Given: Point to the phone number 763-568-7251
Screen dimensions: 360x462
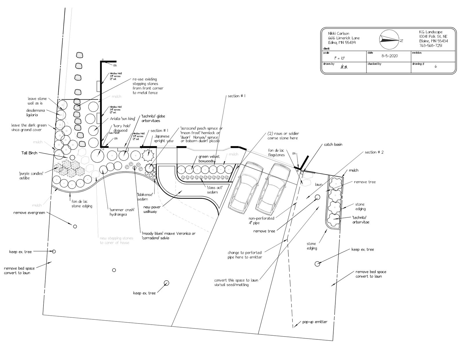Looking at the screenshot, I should (x=430, y=46).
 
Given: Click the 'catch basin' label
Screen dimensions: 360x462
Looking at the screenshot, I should (x=333, y=144).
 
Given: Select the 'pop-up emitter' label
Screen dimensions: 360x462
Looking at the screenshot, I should (x=315, y=322).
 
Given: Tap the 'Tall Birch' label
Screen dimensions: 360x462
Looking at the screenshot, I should (x=29, y=153).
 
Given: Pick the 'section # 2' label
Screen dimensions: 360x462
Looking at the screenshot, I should (x=374, y=152).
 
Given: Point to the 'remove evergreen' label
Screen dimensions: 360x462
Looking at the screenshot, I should (x=29, y=213).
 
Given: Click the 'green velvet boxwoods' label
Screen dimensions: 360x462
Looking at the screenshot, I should (x=208, y=159).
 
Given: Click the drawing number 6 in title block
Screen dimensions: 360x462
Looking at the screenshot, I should (x=436, y=66).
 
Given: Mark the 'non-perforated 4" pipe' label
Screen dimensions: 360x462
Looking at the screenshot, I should (x=261, y=221).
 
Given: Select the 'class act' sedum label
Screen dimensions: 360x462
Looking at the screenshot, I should (x=215, y=190).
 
